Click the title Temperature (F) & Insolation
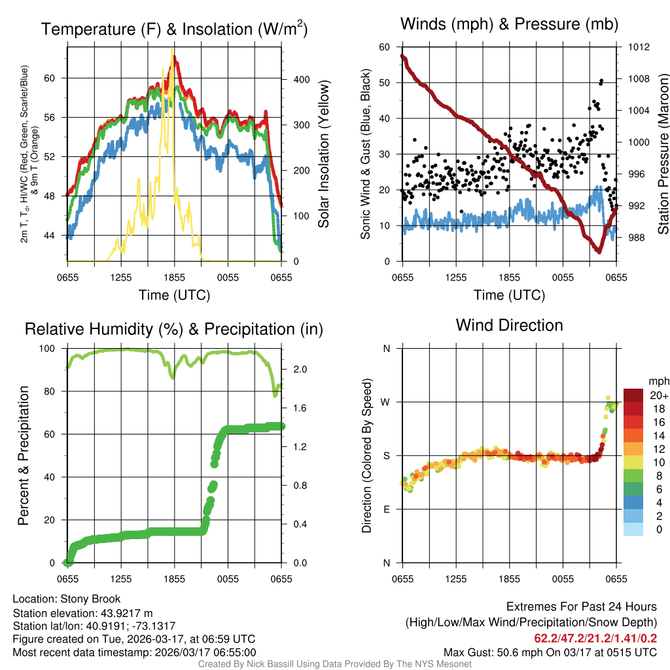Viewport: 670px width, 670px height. (x=174, y=29)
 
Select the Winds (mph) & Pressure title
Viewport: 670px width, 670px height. (x=509, y=25)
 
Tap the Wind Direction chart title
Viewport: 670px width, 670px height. (x=509, y=325)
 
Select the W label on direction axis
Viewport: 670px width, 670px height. (x=386, y=402)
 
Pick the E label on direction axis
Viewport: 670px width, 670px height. (x=387, y=509)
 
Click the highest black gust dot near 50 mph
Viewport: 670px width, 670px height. (x=601, y=81)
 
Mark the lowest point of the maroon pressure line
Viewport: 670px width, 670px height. (x=599, y=251)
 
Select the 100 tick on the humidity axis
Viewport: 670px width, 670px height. (x=53, y=349)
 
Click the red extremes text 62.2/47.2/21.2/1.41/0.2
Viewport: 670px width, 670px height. (x=595, y=638)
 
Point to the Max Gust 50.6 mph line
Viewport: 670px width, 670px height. (x=550, y=652)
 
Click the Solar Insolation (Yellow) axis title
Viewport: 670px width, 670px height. (x=324, y=154)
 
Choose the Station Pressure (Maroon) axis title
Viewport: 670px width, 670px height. (x=662, y=154)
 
